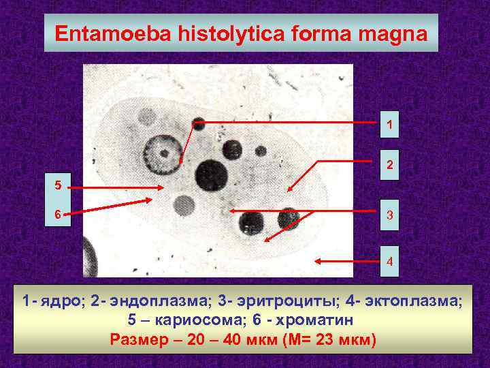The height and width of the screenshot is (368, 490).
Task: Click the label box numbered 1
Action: (389, 125)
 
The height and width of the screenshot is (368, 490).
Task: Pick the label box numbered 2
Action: (389, 164)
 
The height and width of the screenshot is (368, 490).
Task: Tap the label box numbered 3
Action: (389, 215)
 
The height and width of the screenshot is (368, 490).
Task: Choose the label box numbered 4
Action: (389, 261)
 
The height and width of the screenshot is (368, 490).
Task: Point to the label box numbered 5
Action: (58, 184)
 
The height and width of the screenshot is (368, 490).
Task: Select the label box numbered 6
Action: (58, 213)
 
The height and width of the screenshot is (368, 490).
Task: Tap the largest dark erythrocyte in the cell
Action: (212, 174)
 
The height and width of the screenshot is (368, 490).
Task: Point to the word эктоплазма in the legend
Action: (411, 302)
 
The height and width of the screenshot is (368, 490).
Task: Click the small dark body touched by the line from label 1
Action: (198, 123)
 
